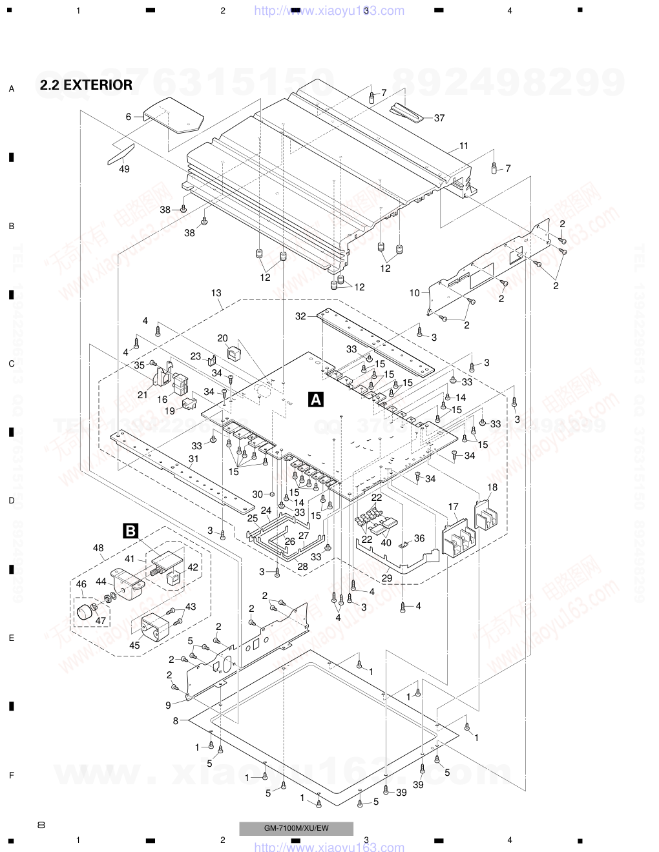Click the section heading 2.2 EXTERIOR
(x=86, y=85)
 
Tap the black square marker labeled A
(x=316, y=400)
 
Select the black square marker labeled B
(x=130, y=531)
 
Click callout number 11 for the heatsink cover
(x=464, y=146)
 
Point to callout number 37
(x=439, y=118)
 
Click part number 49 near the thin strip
(x=124, y=169)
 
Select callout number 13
(x=216, y=292)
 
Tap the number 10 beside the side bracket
(x=414, y=293)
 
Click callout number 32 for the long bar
(x=300, y=316)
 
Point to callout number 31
(x=193, y=459)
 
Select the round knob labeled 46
(x=85, y=615)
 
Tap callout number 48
(x=98, y=548)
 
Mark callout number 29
(x=386, y=578)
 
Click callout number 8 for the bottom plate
(x=175, y=721)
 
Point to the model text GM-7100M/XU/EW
(x=296, y=828)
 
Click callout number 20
(x=222, y=338)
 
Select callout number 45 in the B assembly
(x=134, y=644)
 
